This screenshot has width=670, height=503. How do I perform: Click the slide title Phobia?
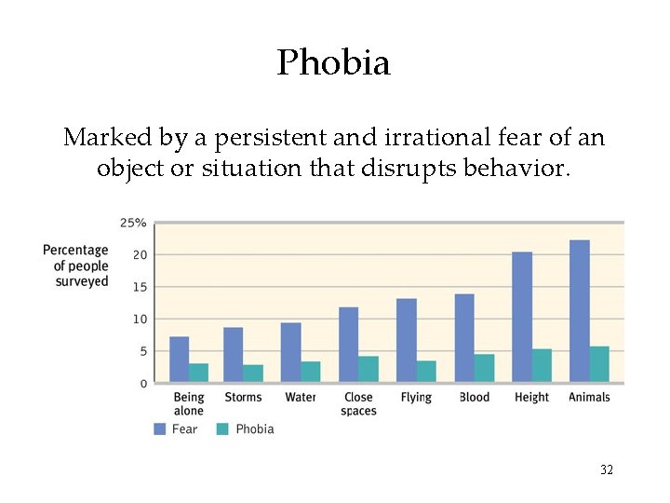333,62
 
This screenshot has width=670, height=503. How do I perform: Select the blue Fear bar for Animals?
579,310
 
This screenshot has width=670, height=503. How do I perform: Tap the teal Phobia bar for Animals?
599,364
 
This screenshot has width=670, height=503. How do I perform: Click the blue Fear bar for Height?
522,317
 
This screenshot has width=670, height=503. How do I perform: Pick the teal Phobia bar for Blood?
484,368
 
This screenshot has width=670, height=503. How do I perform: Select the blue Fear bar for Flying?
407,340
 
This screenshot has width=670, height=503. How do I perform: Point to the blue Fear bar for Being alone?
179,359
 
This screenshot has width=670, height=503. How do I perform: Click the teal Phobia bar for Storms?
253,373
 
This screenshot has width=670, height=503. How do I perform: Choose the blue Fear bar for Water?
291,352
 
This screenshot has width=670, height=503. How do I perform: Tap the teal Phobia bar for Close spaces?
368,369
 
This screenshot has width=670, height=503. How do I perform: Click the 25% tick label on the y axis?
132,223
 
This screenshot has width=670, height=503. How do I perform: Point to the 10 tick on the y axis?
139,319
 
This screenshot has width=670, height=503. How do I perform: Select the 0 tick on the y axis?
142,383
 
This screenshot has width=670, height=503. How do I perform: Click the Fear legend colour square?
160,428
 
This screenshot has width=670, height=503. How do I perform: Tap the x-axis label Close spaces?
358,403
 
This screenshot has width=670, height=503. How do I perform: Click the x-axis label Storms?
243,397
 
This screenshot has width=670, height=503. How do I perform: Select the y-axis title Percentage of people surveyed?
75,265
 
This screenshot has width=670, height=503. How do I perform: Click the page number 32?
606,470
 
